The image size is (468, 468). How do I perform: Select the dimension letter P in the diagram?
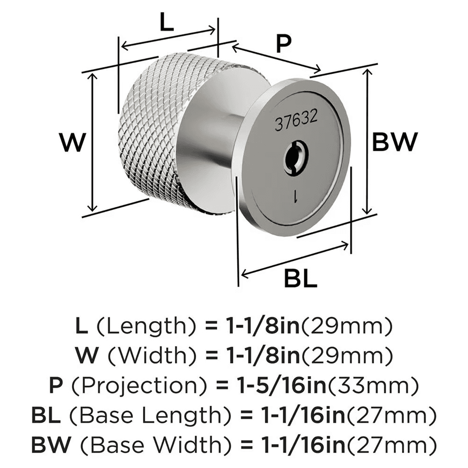pyautogui.click(x=283, y=44)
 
